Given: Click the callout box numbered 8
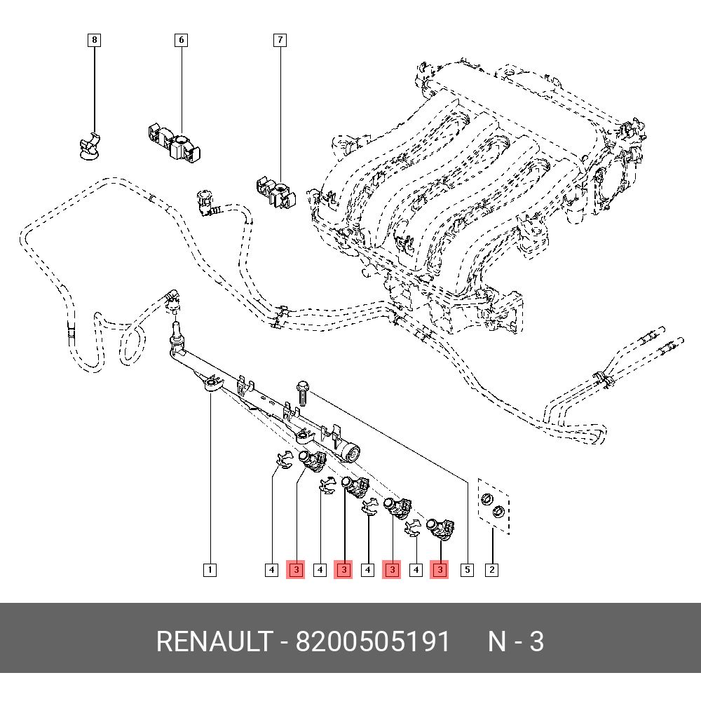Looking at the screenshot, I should point(95,40).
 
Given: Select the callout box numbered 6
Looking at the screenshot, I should point(181,40).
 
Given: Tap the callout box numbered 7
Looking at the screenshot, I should point(280,40).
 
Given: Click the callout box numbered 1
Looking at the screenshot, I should point(210,570).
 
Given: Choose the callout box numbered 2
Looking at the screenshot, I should point(492,570).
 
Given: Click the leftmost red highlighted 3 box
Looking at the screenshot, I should point(296,570).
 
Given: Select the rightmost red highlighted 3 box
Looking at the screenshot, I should point(439,570).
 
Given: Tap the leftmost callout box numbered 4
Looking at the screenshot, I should point(271,570).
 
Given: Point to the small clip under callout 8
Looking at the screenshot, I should point(90,145).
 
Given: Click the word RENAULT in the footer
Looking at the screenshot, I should point(213,641).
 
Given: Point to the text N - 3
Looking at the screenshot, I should point(515,641).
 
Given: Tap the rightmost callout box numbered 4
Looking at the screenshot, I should point(416,570).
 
